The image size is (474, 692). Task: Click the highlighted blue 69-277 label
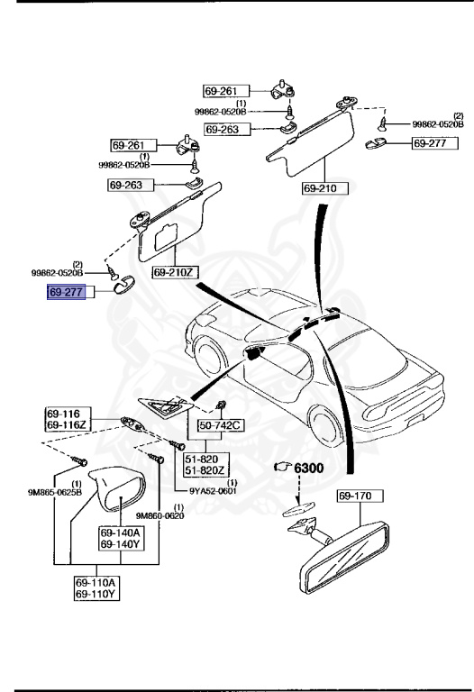coord(66,293)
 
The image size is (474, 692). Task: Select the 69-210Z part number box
coord(174,272)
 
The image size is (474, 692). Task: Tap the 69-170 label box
coord(360,496)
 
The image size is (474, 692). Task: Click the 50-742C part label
coord(205,423)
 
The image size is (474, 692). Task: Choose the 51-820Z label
coord(205,469)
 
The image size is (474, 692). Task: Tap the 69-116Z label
coord(65,423)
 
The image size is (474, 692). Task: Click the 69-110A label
coord(95,583)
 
